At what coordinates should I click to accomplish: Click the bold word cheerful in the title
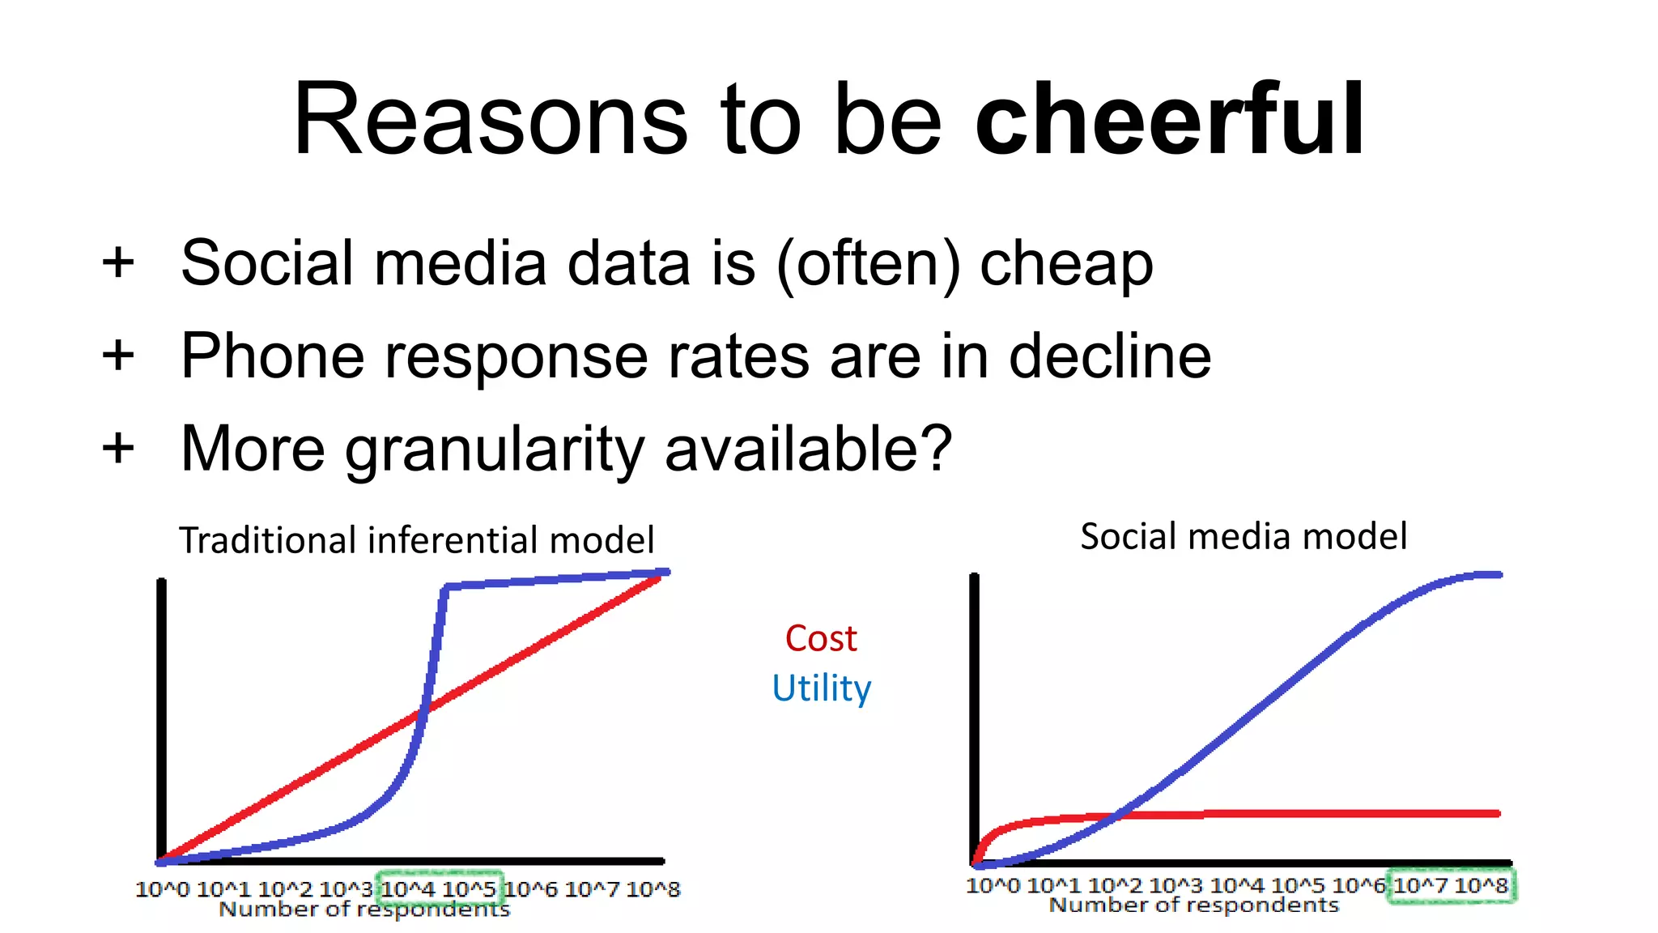(x=1170, y=121)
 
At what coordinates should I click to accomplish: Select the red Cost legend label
(x=820, y=638)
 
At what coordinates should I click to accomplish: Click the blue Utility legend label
(x=821, y=688)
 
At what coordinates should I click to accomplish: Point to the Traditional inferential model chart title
(x=416, y=540)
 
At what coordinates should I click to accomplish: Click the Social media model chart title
(x=1243, y=536)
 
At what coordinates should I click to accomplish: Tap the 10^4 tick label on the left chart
(x=408, y=889)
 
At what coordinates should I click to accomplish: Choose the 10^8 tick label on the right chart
(x=1481, y=885)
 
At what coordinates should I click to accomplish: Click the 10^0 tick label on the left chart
(x=162, y=889)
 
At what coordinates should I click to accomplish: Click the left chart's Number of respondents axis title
(x=364, y=910)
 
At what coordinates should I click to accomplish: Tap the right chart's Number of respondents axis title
(x=1194, y=905)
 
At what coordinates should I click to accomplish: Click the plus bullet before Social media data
(x=118, y=263)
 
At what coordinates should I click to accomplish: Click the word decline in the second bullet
(x=1110, y=356)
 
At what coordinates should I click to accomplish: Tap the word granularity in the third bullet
(x=495, y=450)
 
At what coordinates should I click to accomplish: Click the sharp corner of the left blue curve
(x=445, y=586)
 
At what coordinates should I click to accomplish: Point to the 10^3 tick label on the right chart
(x=1175, y=885)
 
